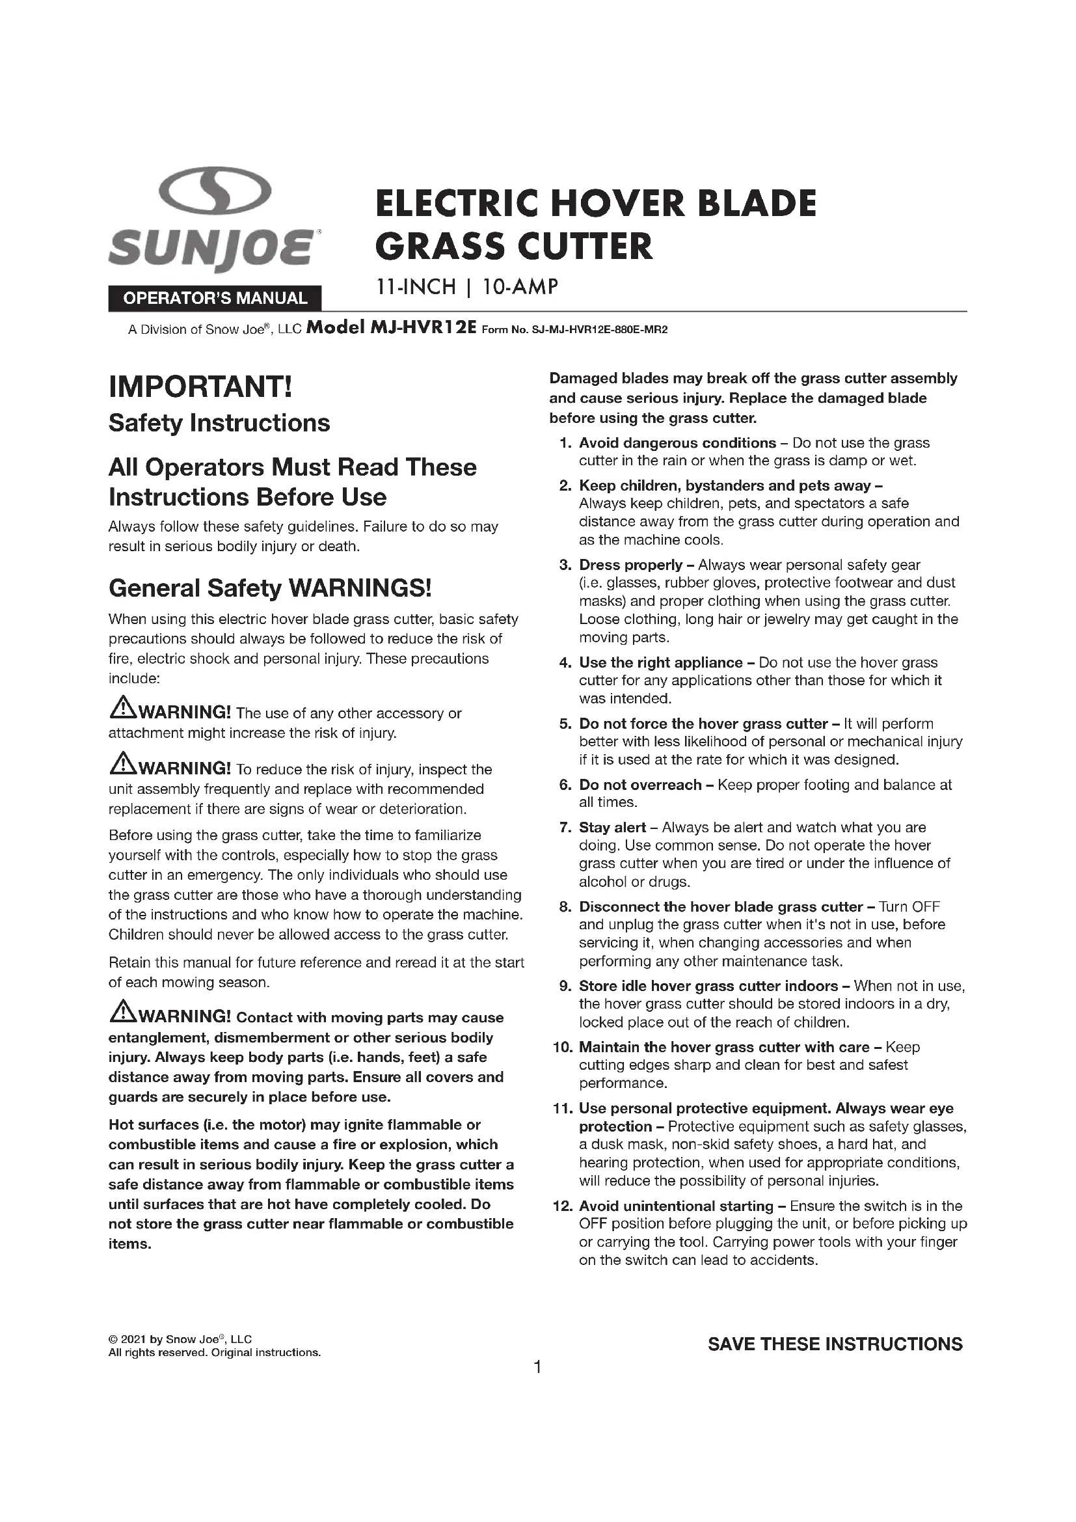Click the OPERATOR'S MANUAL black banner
click(x=215, y=298)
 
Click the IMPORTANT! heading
click(x=200, y=387)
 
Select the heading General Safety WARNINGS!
click(x=270, y=588)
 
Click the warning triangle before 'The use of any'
click(x=121, y=710)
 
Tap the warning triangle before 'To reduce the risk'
click(x=121, y=766)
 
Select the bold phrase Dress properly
click(x=630, y=565)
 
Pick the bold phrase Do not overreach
click(x=640, y=785)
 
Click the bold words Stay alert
click(x=612, y=827)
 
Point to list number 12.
click(x=562, y=1206)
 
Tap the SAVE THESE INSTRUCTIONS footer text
click(x=835, y=1344)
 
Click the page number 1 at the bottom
click(x=537, y=1367)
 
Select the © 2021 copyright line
click(x=180, y=1339)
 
